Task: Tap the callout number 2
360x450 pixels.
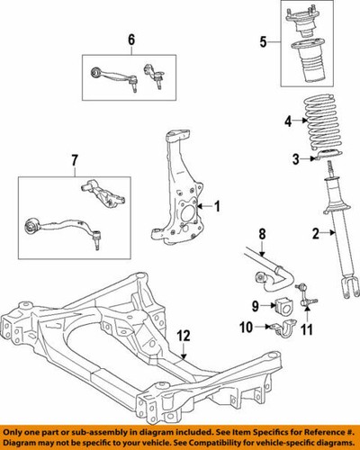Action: [x=316, y=235]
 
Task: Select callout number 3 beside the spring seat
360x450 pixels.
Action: [x=293, y=159]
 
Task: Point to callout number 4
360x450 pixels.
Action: [x=289, y=121]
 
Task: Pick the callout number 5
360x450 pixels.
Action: [x=264, y=40]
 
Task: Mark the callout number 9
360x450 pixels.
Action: [x=254, y=306]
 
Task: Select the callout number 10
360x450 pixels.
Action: [x=246, y=327]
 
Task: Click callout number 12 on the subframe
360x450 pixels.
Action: [x=184, y=336]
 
